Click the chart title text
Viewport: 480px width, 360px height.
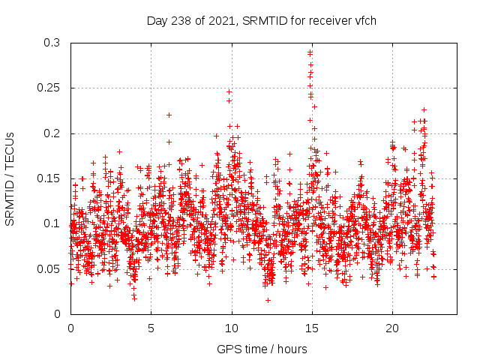(x=261, y=20)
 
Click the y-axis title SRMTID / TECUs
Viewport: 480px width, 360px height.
(x=10, y=178)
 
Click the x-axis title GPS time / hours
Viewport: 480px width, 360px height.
(x=262, y=349)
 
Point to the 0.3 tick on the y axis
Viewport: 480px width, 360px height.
(x=52, y=43)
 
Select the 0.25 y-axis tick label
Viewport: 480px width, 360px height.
(x=49, y=88)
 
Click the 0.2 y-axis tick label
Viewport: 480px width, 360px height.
(x=52, y=133)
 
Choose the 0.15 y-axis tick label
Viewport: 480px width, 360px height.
(x=49, y=178)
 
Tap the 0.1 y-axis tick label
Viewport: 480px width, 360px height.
(x=52, y=223)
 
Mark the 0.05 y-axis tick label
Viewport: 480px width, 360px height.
(x=49, y=268)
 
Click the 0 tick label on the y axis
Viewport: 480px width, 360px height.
(x=58, y=313)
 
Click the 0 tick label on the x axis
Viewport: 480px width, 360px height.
(x=70, y=328)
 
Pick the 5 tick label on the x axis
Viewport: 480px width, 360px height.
(x=151, y=328)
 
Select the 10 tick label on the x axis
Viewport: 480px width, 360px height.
(x=232, y=328)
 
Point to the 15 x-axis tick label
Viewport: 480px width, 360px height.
(x=312, y=328)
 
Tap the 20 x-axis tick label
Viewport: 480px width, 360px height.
(x=392, y=328)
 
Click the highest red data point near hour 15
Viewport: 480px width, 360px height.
(x=310, y=52)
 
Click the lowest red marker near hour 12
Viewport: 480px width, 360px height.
(x=268, y=300)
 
